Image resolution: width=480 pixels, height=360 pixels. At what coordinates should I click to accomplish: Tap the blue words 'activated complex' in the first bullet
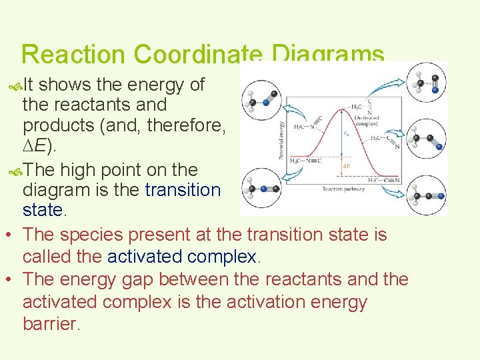tap(182, 257)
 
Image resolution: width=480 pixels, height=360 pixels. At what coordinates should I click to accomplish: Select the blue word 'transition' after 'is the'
tap(183, 190)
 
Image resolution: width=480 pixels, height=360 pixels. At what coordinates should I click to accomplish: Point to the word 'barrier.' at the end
tap(51, 324)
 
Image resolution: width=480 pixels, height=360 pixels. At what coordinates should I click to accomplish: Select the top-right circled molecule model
tap(426, 81)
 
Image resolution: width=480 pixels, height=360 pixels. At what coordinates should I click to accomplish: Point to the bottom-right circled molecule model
tap(426, 195)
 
